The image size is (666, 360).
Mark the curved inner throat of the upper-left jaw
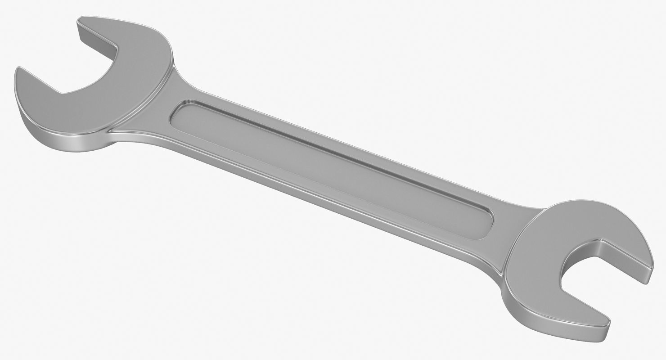[108, 72]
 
